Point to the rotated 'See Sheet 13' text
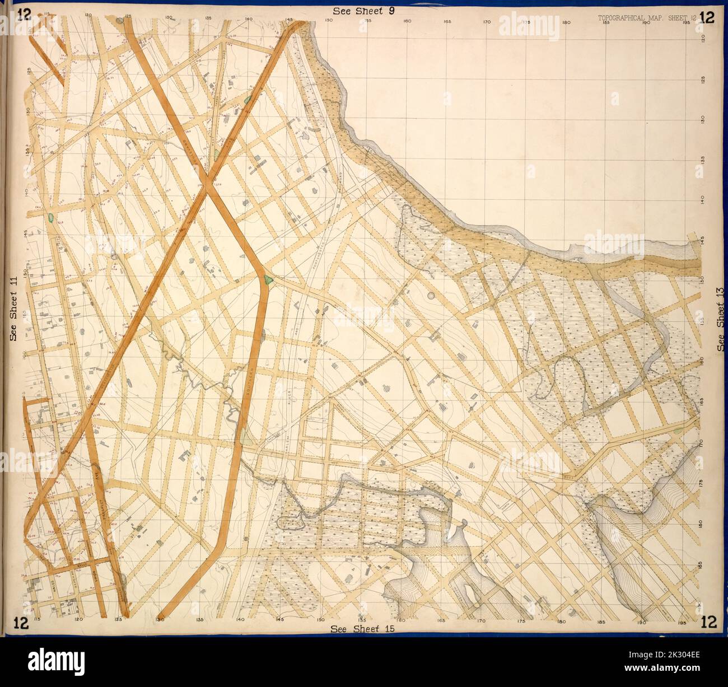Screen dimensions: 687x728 coord(721,319)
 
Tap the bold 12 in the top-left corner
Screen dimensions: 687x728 coord(24,16)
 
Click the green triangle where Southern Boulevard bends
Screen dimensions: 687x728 coord(268,279)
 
